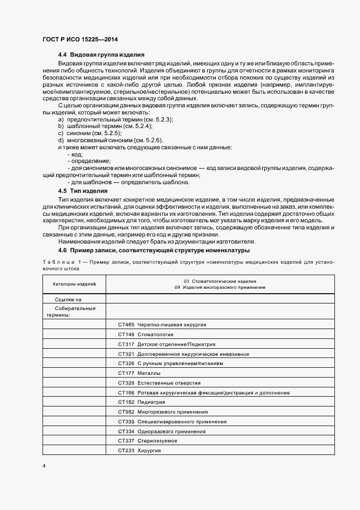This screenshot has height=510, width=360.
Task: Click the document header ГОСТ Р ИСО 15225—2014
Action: (x=80, y=40)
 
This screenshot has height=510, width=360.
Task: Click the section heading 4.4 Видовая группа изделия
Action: (x=101, y=55)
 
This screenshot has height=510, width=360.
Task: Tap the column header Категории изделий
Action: (x=74, y=284)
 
